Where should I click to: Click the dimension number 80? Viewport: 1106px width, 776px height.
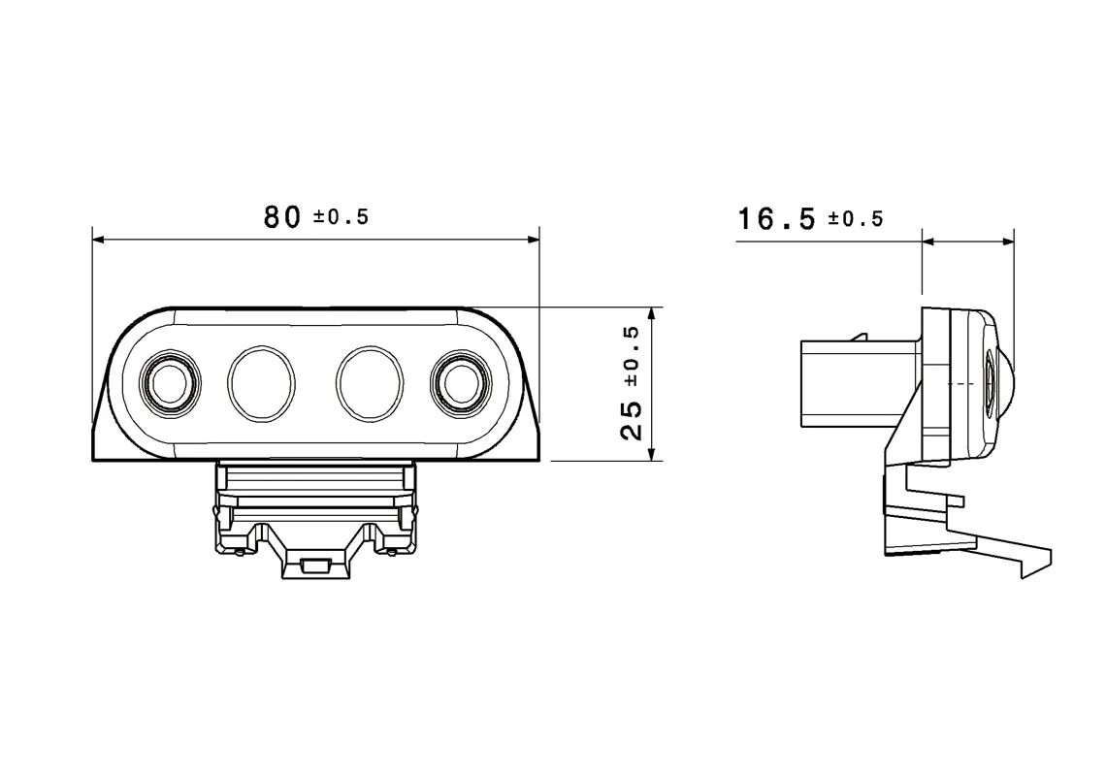pyautogui.click(x=282, y=217)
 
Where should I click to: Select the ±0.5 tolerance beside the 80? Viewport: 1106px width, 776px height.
pyautogui.click(x=342, y=217)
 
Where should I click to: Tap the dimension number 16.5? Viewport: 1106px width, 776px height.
pyautogui.click(x=776, y=218)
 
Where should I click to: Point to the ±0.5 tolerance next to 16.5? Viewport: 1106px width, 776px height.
pyautogui.click(x=856, y=218)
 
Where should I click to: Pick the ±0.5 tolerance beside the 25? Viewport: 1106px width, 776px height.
pyautogui.click(x=631, y=355)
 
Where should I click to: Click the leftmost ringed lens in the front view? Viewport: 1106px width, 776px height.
pyautogui.click(x=171, y=383)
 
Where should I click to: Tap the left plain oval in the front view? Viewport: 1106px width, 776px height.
pyautogui.click(x=261, y=383)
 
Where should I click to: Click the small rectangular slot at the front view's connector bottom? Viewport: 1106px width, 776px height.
pyautogui.click(x=315, y=565)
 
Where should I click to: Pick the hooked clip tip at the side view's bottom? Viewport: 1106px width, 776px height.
pyautogui.click(x=1038, y=563)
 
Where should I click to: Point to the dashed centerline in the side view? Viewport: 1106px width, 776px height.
pyautogui.click(x=960, y=383)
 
